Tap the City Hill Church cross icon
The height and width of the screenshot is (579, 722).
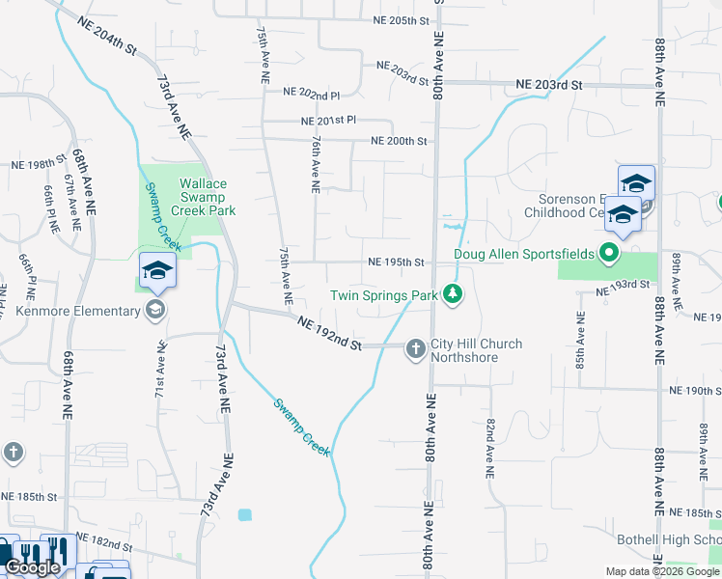point(416,347)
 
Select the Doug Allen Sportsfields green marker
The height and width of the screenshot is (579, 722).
point(608,255)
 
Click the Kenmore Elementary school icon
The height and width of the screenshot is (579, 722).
point(154,311)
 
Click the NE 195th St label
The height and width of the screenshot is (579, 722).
point(396,262)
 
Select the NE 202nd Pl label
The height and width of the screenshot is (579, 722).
point(312,94)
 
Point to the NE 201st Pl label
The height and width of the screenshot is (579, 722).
point(328,121)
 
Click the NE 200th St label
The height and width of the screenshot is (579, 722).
point(398,141)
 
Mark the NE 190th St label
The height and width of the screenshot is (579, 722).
point(694,391)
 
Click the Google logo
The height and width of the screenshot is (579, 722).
point(33,568)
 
